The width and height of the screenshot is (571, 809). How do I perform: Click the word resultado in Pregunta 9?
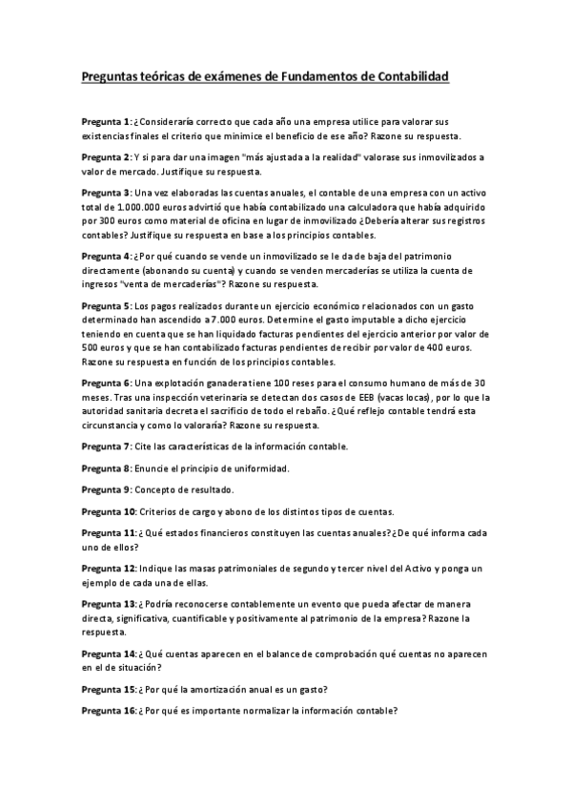tap(204, 489)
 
